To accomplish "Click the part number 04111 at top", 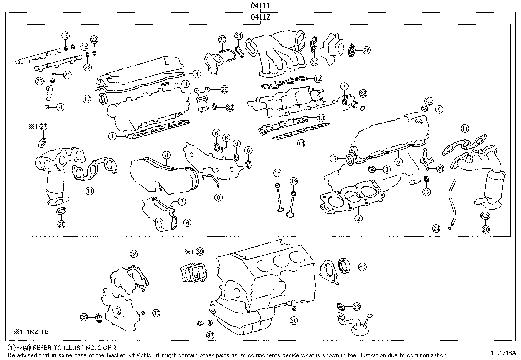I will pyautogui.click(x=260, y=6).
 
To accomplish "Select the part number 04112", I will pyautogui.click(x=260, y=17).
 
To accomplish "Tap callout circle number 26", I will pyautogui.click(x=367, y=50).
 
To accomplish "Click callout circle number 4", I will pyautogui.click(x=196, y=74).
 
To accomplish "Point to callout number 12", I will pyautogui.click(x=318, y=79).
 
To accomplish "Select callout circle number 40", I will pyautogui.click(x=362, y=267).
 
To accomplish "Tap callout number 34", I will pyautogui.click(x=134, y=254).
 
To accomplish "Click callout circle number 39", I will pyautogui.click(x=200, y=252).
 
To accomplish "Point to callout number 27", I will pyautogui.click(x=44, y=127).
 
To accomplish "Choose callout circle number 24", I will pyautogui.click(x=436, y=229).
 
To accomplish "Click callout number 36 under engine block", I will pyautogui.click(x=294, y=321).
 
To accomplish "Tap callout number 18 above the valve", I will pyautogui.click(x=277, y=173).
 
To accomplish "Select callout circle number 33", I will pyautogui.click(x=357, y=307).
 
